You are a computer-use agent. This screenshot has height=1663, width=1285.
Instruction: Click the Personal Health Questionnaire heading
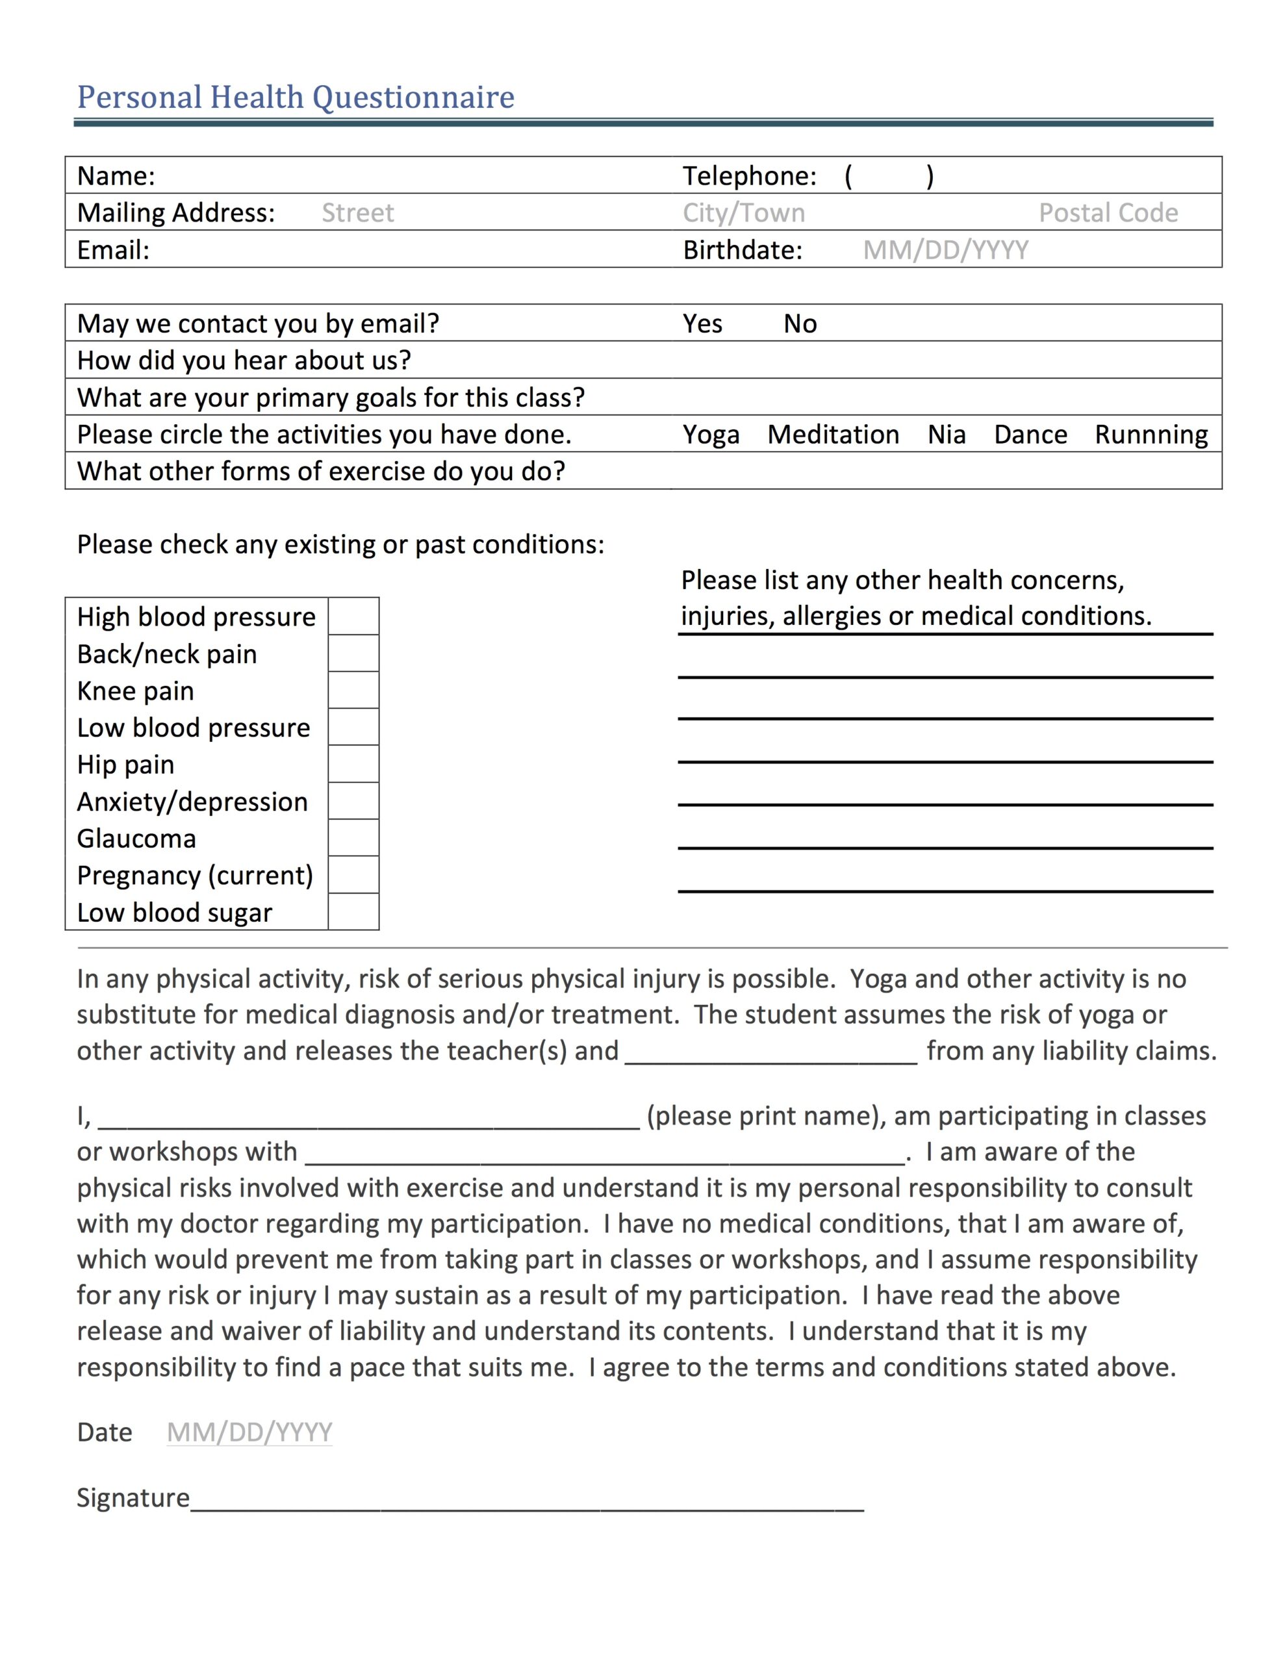[296, 97]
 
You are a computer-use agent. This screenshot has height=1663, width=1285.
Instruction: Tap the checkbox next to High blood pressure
[353, 616]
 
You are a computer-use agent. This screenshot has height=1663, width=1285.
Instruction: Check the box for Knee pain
[353, 690]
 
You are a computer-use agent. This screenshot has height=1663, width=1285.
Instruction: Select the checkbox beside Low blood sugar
[353, 911]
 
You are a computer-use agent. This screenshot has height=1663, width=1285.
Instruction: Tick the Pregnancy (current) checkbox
[353, 875]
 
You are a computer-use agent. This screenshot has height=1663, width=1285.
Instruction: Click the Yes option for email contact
[702, 324]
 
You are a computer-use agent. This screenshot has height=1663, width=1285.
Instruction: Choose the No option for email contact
[800, 324]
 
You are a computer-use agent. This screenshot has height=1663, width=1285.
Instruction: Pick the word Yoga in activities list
[711, 435]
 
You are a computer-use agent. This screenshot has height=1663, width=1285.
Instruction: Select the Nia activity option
[946, 435]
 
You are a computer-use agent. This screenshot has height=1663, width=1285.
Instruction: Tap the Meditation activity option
[833, 435]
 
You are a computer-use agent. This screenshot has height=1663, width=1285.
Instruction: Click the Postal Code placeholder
[1108, 212]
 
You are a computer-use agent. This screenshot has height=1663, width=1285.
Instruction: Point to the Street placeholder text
[357, 212]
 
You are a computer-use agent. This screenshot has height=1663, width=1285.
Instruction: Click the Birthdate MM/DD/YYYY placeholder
[945, 249]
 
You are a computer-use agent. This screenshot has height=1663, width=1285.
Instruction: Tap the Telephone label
[750, 176]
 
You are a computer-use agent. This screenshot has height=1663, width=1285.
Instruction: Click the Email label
[114, 249]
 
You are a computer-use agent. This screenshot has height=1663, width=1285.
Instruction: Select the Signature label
[133, 1499]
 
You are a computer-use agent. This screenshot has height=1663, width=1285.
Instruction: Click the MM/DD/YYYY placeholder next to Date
[249, 1432]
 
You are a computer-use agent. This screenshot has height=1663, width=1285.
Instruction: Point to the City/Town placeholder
[743, 212]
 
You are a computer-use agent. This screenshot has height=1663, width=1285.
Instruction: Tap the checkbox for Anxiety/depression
[353, 801]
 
